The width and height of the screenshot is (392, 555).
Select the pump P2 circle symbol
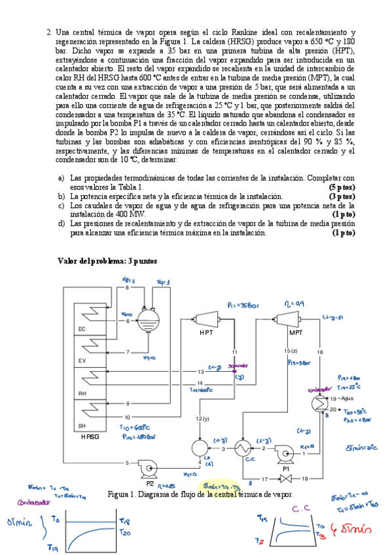(145, 466)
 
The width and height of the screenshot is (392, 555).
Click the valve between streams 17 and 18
(285, 479)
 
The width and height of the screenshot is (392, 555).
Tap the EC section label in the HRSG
(82, 329)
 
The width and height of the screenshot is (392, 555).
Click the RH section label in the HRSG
(82, 395)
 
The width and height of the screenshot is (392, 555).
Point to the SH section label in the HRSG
(82, 425)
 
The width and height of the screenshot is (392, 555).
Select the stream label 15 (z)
(291, 353)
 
